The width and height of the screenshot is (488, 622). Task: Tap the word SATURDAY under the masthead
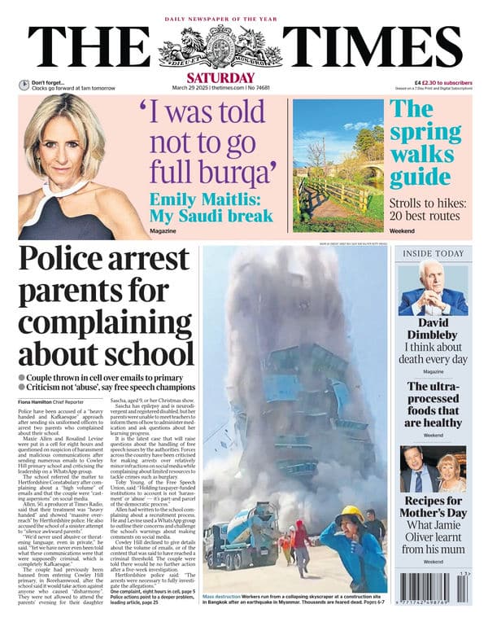(x=243, y=77)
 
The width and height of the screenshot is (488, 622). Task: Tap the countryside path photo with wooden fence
(x=337, y=168)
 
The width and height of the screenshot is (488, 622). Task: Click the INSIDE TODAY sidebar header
(x=434, y=253)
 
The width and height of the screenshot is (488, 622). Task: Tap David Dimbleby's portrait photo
(x=434, y=289)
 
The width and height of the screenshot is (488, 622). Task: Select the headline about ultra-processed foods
(x=434, y=405)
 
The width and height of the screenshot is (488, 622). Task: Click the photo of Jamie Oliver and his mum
(x=434, y=468)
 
